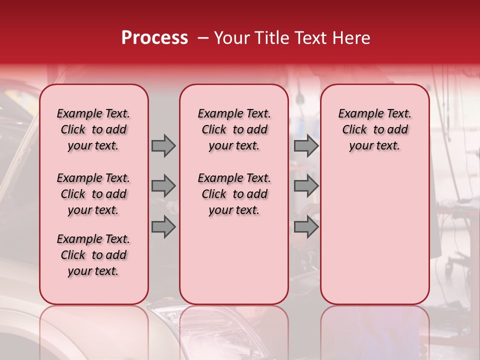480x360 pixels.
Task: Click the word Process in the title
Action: tap(154, 38)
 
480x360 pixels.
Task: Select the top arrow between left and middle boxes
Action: tap(163, 145)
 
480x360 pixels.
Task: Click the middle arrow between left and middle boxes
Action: tap(163, 186)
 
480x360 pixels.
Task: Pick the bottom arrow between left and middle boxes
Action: tap(163, 226)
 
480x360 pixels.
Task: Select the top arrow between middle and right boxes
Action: tap(306, 145)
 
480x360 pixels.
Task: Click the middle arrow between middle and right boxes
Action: tap(306, 186)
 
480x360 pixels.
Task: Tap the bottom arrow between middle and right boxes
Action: tap(306, 226)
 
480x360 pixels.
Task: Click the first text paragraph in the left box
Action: tap(93, 129)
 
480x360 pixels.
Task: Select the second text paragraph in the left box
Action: tap(93, 194)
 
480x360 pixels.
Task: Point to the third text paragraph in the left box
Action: tap(93, 255)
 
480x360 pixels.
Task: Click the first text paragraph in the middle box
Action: tap(234, 129)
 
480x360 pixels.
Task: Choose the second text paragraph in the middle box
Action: tap(234, 194)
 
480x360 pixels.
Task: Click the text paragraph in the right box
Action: tap(374, 129)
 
